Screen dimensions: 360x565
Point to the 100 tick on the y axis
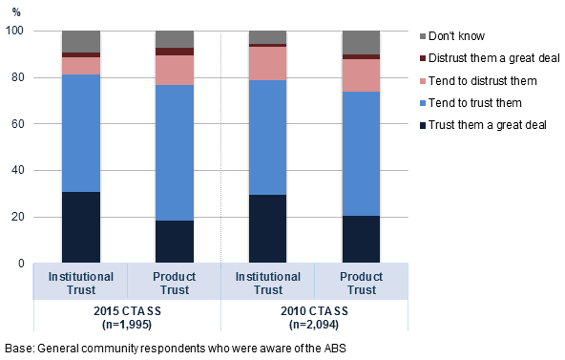pos(16,32)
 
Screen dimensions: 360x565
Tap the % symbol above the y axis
pos(15,10)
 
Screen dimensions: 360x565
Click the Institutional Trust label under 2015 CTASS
pos(81,283)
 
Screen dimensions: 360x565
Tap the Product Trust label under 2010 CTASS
pos(362,283)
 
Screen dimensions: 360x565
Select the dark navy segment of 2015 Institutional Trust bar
pos(81,227)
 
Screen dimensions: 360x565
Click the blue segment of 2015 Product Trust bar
pos(175,153)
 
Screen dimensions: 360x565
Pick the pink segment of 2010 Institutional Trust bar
pos(268,63)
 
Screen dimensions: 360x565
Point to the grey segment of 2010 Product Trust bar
pos(362,42)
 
